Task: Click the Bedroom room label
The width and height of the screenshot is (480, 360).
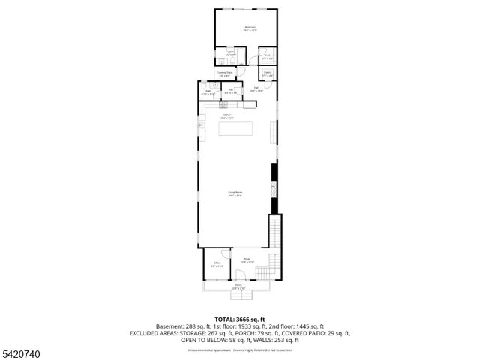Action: [250, 29]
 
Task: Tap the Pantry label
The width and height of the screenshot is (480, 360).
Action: [268, 73]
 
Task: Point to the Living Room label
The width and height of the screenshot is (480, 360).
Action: [235, 194]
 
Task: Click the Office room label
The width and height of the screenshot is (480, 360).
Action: [217, 264]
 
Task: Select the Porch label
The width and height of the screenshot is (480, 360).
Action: [238, 286]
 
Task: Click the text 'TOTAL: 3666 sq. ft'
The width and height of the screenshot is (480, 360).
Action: [239, 319]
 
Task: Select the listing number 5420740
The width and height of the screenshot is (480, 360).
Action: [22, 352]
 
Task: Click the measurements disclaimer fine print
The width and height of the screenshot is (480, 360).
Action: [239, 349]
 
